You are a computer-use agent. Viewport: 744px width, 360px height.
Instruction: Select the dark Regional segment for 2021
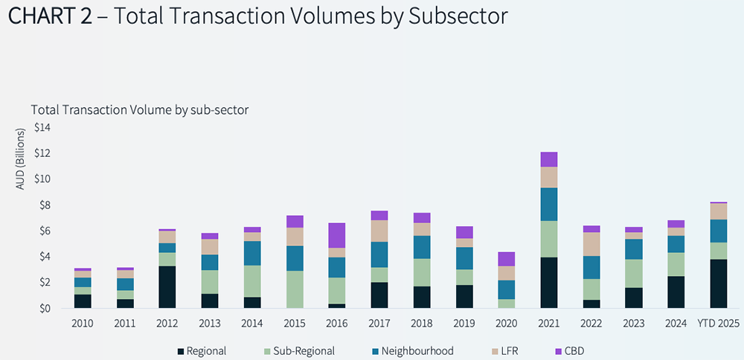548,283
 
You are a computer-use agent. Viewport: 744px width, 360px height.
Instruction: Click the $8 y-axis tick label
43,205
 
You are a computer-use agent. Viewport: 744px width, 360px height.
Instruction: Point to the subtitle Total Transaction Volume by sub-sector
139,109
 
